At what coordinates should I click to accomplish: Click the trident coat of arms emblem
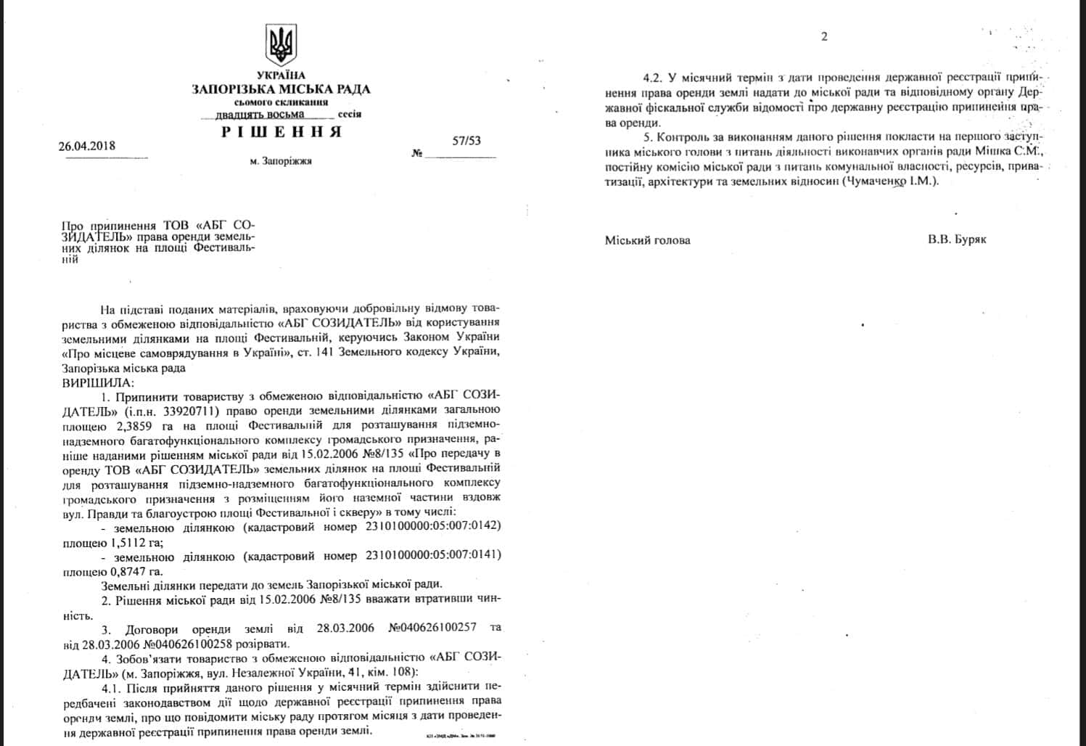tap(281, 44)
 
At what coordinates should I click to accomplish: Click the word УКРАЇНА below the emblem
tap(281, 75)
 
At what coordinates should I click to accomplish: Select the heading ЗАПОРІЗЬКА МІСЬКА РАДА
tap(281, 89)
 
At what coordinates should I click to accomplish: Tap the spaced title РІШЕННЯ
tap(281, 132)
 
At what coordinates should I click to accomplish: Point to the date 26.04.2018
tap(87, 146)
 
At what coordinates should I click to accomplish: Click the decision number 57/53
tap(466, 142)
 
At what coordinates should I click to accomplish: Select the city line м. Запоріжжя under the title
tap(281, 161)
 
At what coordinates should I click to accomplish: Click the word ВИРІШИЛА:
tap(99, 382)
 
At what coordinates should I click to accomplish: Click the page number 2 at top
tap(824, 37)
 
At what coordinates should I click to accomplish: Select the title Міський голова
tap(648, 240)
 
